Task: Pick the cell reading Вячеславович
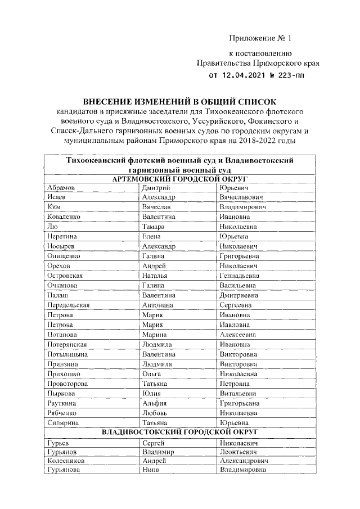tap(242, 197)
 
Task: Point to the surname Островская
tap(66, 276)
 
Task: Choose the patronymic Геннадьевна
tap(242, 276)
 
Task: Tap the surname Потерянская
tap(67, 344)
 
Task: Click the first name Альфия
tap(155, 403)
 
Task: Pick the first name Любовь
tap(154, 412)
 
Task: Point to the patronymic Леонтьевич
tap(239, 451)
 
